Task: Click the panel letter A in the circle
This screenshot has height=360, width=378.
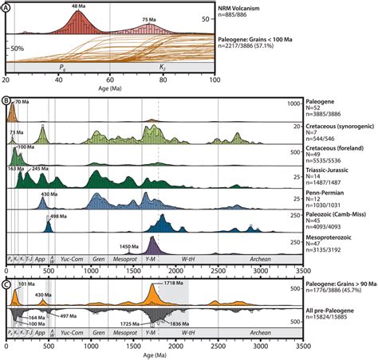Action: click(7, 6)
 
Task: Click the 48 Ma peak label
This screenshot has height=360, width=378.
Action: click(78, 7)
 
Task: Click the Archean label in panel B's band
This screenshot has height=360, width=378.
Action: click(258, 257)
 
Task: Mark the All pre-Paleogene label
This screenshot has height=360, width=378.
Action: click(320, 312)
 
